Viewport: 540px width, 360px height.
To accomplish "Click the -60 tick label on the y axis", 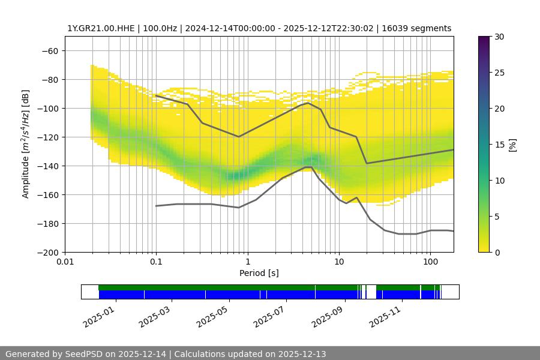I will (49, 50).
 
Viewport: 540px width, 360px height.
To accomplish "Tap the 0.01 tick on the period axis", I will (65, 262).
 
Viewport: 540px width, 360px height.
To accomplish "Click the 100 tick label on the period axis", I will (430, 262).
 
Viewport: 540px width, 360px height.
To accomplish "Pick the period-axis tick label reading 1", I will (248, 262).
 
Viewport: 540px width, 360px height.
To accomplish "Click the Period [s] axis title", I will (259, 273).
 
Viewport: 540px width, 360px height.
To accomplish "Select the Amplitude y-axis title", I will (26, 144).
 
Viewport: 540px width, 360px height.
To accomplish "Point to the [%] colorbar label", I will (512, 145).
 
